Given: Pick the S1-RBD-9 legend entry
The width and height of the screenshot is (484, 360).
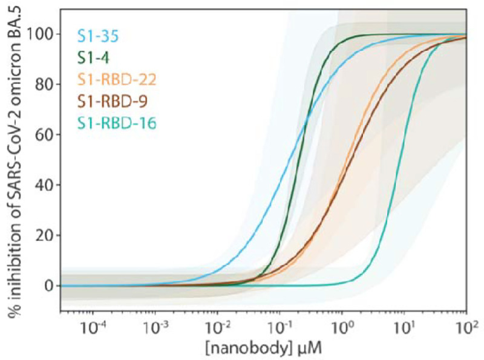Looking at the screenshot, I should coord(108,102).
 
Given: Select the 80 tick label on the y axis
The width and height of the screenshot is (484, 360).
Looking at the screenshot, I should coord(44,84).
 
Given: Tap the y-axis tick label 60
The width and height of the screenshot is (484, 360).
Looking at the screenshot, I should coord(44,134).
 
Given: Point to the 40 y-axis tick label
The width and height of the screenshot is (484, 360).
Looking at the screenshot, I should coord(44,185).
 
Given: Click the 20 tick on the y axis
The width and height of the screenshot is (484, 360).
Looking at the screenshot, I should coord(44,235).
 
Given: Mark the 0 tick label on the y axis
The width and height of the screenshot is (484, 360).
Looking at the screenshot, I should coord(48,285).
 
